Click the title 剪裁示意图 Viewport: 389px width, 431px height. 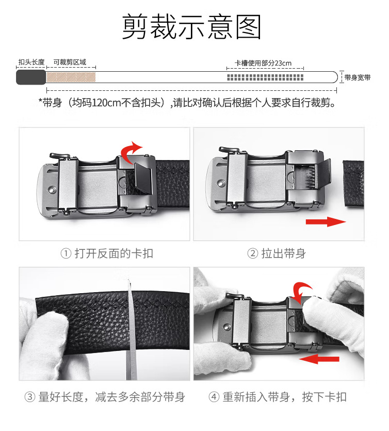(x=191, y=27)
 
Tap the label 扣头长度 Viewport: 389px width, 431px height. (x=31, y=62)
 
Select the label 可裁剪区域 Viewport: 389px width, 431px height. (x=70, y=62)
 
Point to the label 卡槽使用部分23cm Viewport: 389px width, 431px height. (x=263, y=63)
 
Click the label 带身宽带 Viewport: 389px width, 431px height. (x=358, y=77)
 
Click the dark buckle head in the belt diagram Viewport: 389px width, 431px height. (x=31, y=77)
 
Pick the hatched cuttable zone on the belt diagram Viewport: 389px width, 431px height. (x=71, y=77)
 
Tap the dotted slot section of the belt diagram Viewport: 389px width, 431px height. (x=265, y=77)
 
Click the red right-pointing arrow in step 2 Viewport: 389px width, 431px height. (x=326, y=221)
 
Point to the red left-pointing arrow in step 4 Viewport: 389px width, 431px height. (x=319, y=359)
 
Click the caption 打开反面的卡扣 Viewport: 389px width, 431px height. (x=114, y=253)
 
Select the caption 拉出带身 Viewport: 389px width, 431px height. (x=284, y=253)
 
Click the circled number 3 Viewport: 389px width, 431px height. (x=30, y=397)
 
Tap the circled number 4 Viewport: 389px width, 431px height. (x=214, y=397)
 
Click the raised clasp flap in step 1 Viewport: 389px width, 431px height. (x=143, y=178)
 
